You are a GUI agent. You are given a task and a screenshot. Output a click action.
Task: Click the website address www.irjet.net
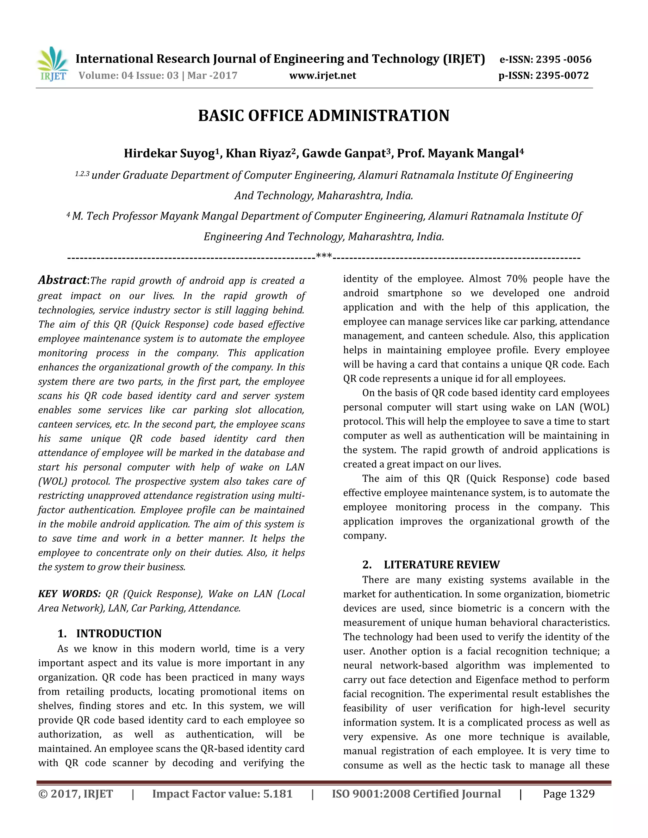pos(322,76)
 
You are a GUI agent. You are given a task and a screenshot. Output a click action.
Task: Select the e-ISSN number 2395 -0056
pos(564,59)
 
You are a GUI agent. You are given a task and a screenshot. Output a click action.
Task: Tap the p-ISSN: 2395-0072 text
pos(543,76)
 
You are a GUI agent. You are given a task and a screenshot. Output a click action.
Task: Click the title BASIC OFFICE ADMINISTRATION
pos(324,116)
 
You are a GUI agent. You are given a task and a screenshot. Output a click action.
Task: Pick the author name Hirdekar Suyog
pos(169,153)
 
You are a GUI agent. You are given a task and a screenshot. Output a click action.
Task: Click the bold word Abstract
pos(63,280)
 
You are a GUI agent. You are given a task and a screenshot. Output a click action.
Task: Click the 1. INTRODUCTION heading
pos(109,633)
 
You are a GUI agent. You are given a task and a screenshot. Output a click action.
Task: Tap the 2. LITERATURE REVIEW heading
pos(431,565)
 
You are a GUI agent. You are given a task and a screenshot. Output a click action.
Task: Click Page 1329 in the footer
pos(569,794)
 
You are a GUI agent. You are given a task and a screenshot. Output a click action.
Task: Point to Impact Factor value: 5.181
pos(222,794)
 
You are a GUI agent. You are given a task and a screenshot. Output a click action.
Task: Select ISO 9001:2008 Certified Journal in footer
pos(416,794)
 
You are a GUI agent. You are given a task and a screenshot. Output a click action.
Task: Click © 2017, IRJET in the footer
pos(76,794)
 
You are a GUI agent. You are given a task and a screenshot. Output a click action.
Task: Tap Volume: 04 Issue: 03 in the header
pos(128,76)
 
